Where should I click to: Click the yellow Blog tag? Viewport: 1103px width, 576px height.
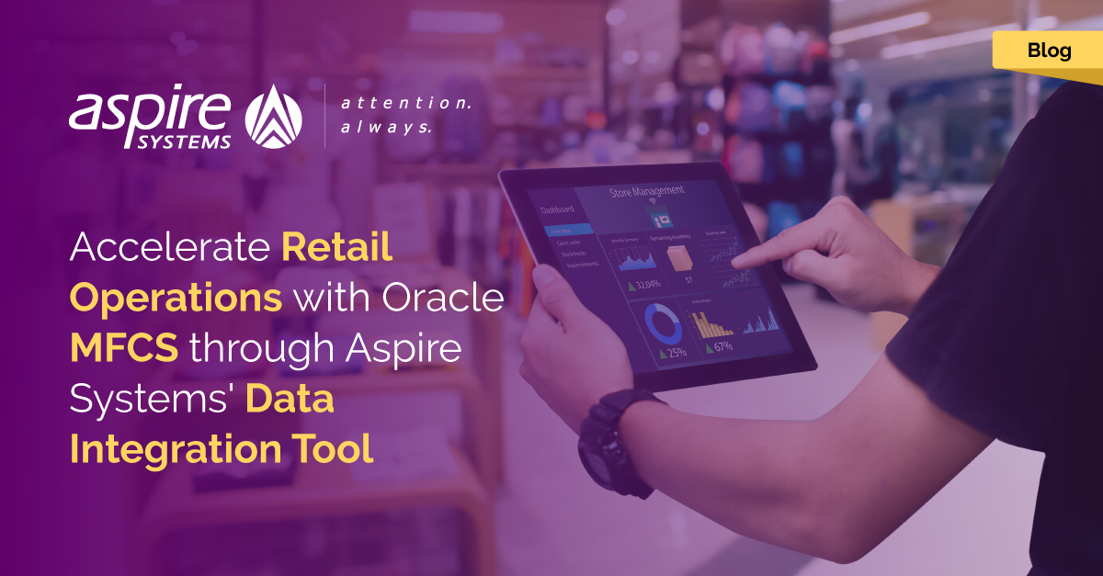1049,51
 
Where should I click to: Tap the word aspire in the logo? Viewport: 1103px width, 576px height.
150,110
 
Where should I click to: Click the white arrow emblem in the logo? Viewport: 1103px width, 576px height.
274,117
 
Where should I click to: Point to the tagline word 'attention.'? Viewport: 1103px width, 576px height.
405,104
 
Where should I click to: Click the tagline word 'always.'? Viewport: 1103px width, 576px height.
386,128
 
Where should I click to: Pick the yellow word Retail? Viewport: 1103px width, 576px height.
337,248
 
